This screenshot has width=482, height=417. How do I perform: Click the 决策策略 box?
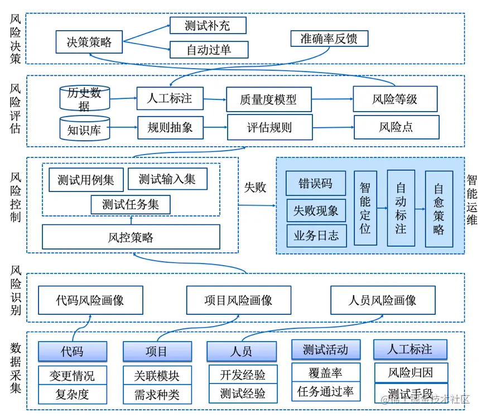89,42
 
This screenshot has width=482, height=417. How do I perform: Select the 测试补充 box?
208,26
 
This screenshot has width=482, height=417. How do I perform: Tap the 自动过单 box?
208,50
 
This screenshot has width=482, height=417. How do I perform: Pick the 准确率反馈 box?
329,39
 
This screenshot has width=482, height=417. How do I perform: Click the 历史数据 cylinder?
84,99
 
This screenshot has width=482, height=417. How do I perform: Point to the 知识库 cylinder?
84,128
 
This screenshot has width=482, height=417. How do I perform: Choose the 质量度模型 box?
268,99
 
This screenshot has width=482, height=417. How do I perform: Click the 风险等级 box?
394,99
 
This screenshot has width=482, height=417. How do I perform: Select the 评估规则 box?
269,127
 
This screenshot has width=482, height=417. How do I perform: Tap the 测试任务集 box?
131,204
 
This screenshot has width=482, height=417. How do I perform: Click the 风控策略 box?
131,237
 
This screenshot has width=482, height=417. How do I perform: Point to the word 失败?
255,188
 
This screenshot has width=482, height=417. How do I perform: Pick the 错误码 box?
316,183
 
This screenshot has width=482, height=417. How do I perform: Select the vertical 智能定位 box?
365,208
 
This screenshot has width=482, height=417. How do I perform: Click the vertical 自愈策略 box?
438,208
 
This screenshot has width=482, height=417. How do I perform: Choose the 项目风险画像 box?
238,300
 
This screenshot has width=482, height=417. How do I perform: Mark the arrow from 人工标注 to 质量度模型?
214,99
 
